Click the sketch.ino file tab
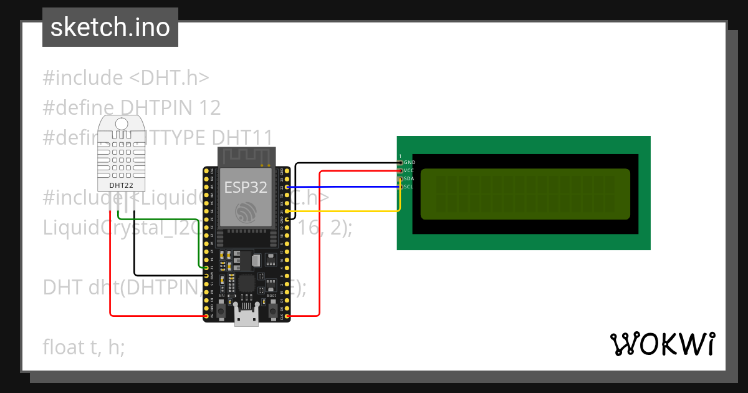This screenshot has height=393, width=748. pos(110,27)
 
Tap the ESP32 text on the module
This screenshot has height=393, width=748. pos(246,188)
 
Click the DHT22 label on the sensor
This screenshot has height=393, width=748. pos(121,185)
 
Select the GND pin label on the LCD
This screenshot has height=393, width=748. pos(410,162)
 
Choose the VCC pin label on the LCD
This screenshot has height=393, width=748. pos(409,170)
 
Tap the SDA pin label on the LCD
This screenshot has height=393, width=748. pos(409,178)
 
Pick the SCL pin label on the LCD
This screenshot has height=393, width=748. pos(408,187)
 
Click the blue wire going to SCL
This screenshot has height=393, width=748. pos(343,187)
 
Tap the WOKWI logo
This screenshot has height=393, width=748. pos(662,344)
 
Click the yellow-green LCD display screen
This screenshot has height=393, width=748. pos(525,194)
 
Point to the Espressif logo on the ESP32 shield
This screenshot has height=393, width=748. pos(246,214)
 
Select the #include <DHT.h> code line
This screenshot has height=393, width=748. pos(125,78)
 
